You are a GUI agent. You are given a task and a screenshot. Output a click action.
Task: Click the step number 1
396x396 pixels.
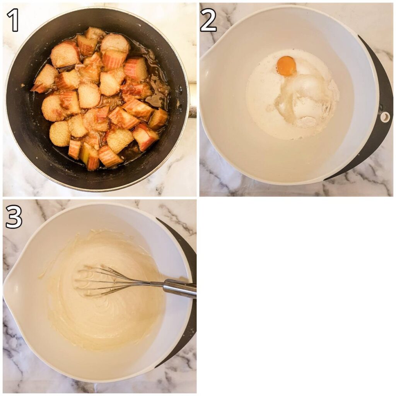click(x=13, y=20)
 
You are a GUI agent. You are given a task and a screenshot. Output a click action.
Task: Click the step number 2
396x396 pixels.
click(x=208, y=20)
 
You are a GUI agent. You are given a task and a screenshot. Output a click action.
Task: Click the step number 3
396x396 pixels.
click(x=14, y=217)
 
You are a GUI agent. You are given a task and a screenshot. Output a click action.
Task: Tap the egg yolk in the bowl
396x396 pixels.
click(x=287, y=66)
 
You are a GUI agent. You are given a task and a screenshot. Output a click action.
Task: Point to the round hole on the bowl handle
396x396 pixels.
click(x=385, y=117)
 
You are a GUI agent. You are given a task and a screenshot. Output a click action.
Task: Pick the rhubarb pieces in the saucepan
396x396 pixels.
click(x=100, y=99)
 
